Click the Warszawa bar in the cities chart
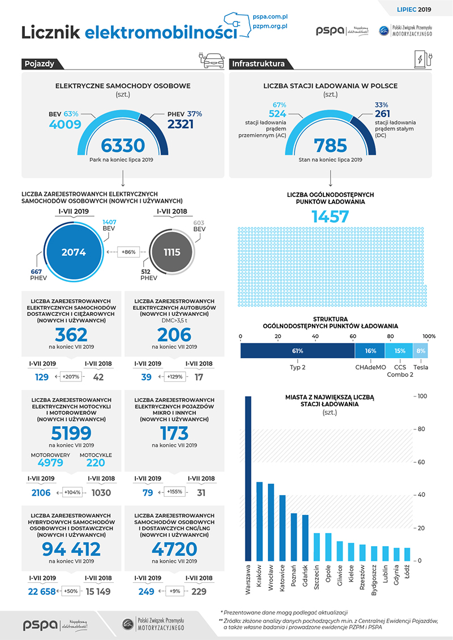[x=248, y=478]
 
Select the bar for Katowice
[x=282, y=528]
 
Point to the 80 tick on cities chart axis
[x=420, y=429]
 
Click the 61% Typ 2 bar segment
[x=297, y=351]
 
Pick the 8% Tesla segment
[x=420, y=351]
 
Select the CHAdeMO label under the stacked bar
[x=370, y=367]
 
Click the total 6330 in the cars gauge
[x=123, y=145]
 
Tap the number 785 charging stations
[x=331, y=145]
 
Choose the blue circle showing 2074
[x=74, y=252]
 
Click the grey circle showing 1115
[x=172, y=252]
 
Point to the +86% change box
[x=129, y=252]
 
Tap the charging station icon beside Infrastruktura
[x=423, y=59]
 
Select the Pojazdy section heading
[x=39, y=64]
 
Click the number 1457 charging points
[x=331, y=216]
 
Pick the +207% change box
[x=71, y=377]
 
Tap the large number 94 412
[x=71, y=549]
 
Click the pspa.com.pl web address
[x=270, y=17]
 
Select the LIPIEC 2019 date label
[x=414, y=10]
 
